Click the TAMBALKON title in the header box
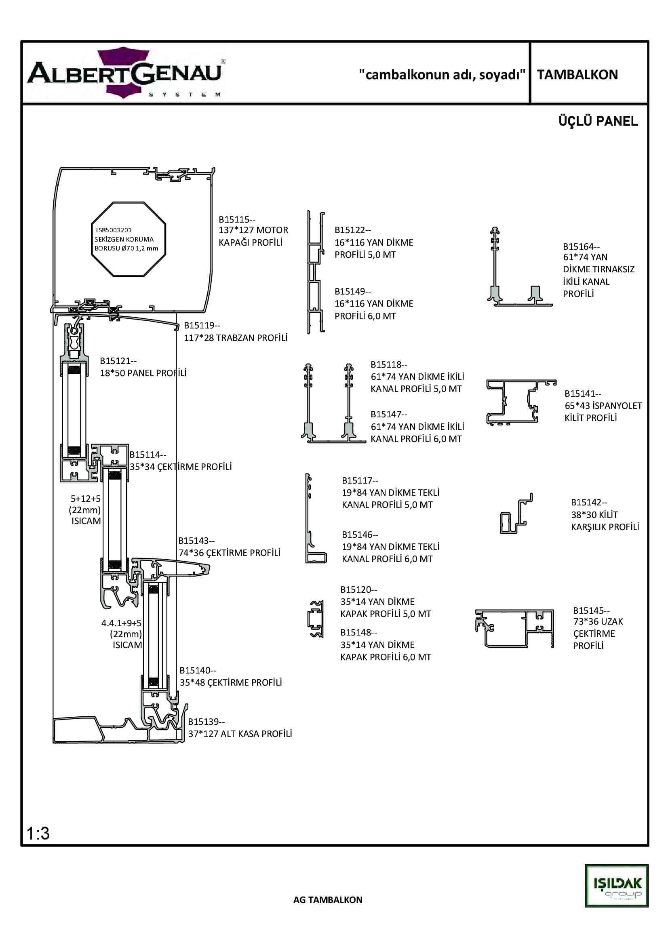(x=577, y=74)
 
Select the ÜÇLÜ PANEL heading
(x=598, y=122)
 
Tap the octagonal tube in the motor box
(x=128, y=239)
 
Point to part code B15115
(x=237, y=219)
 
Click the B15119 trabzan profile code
(x=202, y=325)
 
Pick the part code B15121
(x=118, y=360)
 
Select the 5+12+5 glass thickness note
(x=86, y=499)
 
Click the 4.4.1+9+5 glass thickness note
(x=121, y=623)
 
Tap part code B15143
(x=196, y=541)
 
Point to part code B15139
(x=206, y=722)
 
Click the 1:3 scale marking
(x=38, y=833)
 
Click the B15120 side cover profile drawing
(x=316, y=619)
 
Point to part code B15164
(x=581, y=246)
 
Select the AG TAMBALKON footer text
(x=328, y=900)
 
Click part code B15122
(x=352, y=230)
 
